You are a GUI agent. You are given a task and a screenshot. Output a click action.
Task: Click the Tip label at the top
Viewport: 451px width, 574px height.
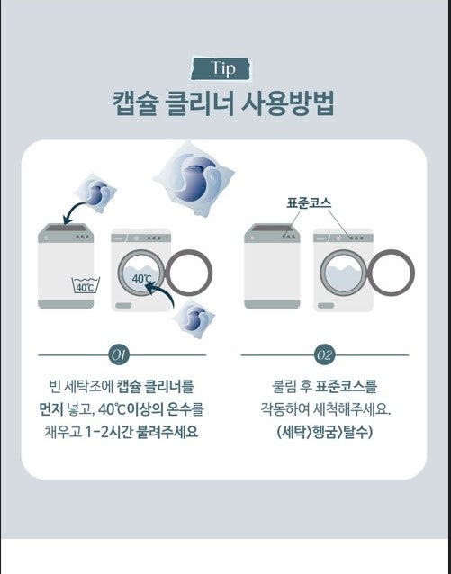pyautogui.click(x=221, y=68)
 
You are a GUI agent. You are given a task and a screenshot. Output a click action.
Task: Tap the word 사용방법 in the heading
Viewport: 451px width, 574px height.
pyautogui.click(x=288, y=104)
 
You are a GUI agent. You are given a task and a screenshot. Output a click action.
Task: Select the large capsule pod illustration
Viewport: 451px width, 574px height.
pyautogui.click(x=194, y=178)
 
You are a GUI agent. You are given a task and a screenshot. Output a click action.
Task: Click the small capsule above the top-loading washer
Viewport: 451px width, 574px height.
pyautogui.click(x=95, y=191)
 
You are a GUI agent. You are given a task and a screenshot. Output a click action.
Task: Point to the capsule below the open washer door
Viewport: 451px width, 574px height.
pyautogui.click(x=194, y=318)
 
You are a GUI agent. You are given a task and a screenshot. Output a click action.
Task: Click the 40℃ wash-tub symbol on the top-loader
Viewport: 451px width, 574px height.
pyautogui.click(x=86, y=285)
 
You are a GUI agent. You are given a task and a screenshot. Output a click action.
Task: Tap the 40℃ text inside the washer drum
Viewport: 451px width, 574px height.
pyautogui.click(x=142, y=279)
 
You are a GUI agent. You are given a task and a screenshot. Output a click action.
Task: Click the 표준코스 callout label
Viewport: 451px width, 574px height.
pyautogui.click(x=309, y=203)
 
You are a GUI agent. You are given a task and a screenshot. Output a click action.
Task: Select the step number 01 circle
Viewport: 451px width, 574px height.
pyautogui.click(x=119, y=355)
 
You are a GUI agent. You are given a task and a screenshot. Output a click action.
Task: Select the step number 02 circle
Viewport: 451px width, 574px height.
pyautogui.click(x=325, y=355)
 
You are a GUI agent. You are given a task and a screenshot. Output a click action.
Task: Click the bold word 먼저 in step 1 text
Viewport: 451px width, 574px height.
pyautogui.click(x=51, y=409)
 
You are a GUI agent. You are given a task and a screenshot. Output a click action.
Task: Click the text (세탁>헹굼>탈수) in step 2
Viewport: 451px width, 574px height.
pyautogui.click(x=325, y=433)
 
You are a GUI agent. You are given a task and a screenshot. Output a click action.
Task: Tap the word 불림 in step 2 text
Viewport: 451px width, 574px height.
pyautogui.click(x=284, y=387)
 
